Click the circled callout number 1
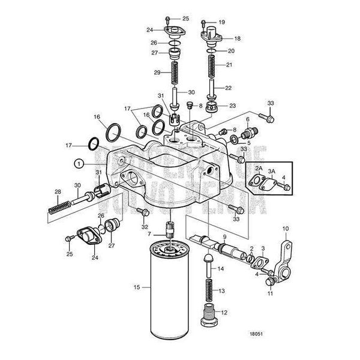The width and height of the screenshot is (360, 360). click(x=77, y=162)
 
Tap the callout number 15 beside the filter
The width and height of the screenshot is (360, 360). click(x=137, y=287)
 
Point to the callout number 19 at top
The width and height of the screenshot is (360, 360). click(x=221, y=22)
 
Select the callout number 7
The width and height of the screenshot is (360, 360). click(x=157, y=233)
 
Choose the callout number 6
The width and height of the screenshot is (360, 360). click(x=247, y=119)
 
